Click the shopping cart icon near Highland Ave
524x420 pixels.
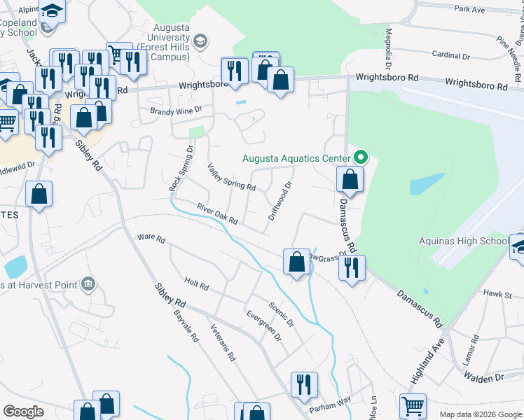coord(413,405)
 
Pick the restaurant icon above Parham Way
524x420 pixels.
coord(304,384)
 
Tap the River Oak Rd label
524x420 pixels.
coord(218,214)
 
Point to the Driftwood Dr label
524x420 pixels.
coord(280,201)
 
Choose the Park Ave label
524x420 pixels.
coord(469,9)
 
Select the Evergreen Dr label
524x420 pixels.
coord(264,325)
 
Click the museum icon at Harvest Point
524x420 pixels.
coord(88,284)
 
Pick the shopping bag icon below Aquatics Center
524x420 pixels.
coord(350,180)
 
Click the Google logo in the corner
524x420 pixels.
coord(24,411)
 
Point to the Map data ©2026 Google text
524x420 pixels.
coord(481,414)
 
